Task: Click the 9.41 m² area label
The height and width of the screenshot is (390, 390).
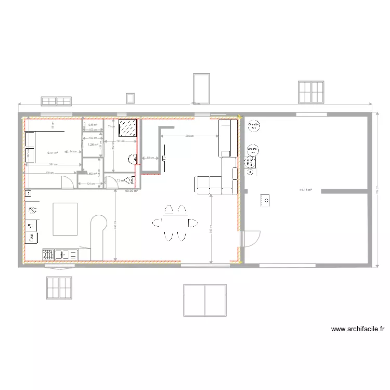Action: [x=53, y=153]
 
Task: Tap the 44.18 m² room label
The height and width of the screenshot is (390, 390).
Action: [x=305, y=190]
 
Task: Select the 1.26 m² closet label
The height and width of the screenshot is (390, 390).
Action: [x=93, y=145]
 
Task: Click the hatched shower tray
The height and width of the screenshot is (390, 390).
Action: [x=127, y=128]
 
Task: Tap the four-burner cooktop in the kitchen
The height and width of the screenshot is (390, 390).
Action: [x=48, y=254]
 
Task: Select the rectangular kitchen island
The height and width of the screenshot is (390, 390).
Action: [x=65, y=219]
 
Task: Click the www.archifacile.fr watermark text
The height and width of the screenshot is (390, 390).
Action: [x=358, y=329]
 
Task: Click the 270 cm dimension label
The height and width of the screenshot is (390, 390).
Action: [x=49, y=173]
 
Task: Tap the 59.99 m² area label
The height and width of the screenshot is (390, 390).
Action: [x=131, y=191]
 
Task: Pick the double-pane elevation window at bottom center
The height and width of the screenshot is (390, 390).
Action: [x=204, y=300]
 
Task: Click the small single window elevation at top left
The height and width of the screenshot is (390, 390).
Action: [x=130, y=98]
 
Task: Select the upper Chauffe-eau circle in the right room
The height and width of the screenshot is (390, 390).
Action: [x=254, y=125]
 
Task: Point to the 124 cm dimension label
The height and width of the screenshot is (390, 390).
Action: [x=90, y=184]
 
